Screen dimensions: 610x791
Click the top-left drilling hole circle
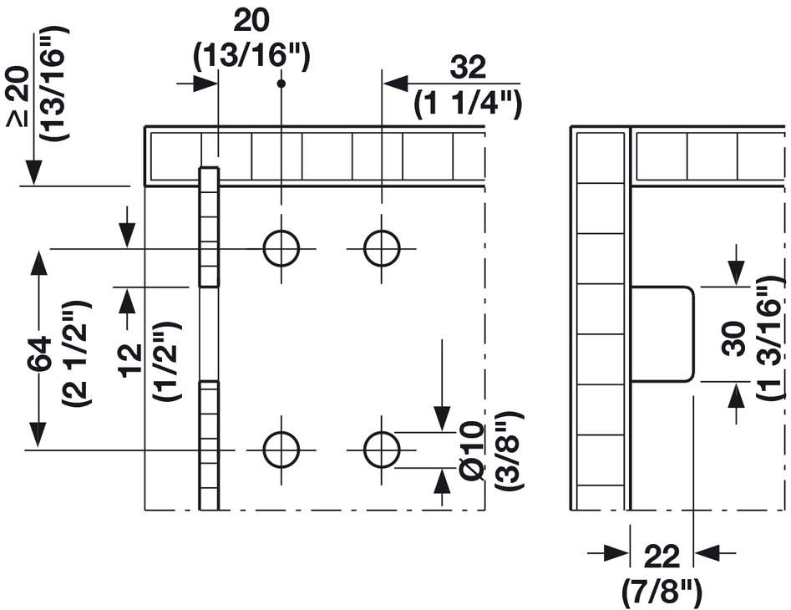(x=281, y=248)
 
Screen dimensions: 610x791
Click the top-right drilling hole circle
(x=382, y=248)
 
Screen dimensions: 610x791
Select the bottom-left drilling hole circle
(x=281, y=450)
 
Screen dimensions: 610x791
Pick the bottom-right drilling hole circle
(x=382, y=450)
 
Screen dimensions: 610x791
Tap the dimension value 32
(x=468, y=69)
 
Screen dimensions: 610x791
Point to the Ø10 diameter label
(x=473, y=451)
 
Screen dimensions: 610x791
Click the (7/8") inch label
(x=662, y=591)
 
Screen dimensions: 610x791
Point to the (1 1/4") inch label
(x=468, y=104)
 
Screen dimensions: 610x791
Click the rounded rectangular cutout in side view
(x=662, y=333)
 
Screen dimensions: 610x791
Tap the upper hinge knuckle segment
(x=209, y=227)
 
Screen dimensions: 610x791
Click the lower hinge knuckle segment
(x=209, y=445)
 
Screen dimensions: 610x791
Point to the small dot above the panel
(x=281, y=83)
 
